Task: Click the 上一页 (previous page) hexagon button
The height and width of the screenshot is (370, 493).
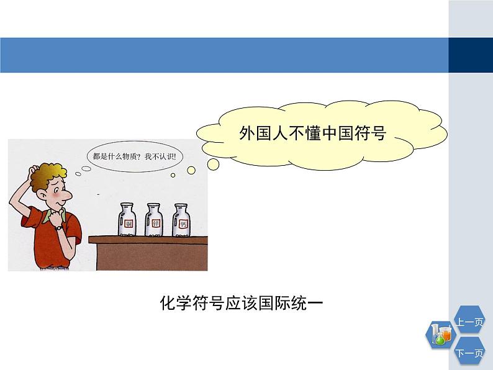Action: point(469,322)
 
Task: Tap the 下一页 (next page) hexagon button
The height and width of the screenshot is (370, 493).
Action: point(469,354)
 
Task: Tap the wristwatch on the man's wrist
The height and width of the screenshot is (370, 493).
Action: point(58,227)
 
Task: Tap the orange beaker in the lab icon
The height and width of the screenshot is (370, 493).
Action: point(446,333)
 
